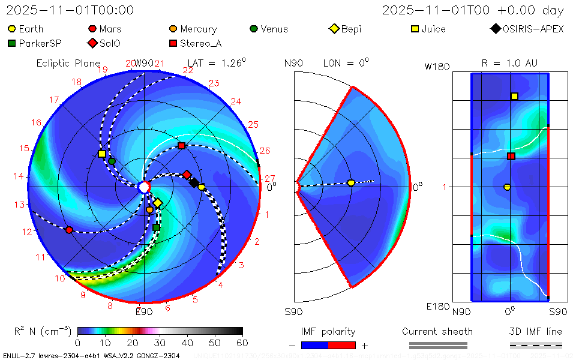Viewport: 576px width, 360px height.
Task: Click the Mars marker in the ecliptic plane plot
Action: click(x=69, y=230)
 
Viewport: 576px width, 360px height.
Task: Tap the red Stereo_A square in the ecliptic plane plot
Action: click(x=181, y=146)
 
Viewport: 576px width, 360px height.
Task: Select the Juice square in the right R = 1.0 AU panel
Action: click(x=514, y=96)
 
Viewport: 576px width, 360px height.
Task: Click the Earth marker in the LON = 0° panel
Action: click(x=351, y=182)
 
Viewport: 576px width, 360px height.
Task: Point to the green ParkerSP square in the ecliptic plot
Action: click(x=156, y=227)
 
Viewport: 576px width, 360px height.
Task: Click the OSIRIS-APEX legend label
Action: click(x=533, y=29)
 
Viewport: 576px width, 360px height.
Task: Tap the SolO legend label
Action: click(x=110, y=43)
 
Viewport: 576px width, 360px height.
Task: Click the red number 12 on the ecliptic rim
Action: click(x=27, y=232)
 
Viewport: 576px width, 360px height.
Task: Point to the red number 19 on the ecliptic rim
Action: click(x=103, y=70)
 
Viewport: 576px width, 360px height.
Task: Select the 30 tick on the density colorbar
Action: click(x=160, y=343)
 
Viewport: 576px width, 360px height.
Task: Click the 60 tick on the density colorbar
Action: click(x=242, y=343)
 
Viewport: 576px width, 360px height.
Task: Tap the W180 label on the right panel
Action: click(x=437, y=67)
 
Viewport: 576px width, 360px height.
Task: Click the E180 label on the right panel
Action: click(x=437, y=307)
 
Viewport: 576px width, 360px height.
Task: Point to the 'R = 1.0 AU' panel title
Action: click(x=509, y=63)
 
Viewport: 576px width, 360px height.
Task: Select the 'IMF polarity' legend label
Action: click(x=328, y=331)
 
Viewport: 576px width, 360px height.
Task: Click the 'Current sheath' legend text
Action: click(x=437, y=331)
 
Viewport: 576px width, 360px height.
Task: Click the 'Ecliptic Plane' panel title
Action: click(x=68, y=63)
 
